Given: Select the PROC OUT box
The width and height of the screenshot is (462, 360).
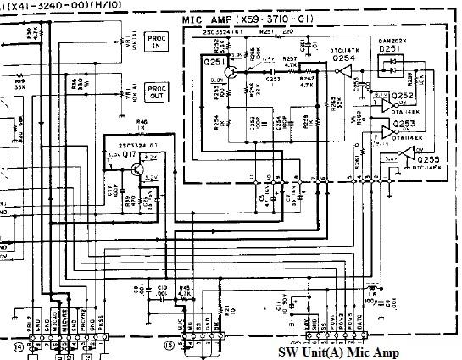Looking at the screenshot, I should pos(157,91).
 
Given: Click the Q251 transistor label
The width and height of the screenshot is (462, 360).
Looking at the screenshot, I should pos(212,64).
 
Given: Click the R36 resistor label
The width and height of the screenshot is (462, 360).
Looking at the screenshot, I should pos(76,83).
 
